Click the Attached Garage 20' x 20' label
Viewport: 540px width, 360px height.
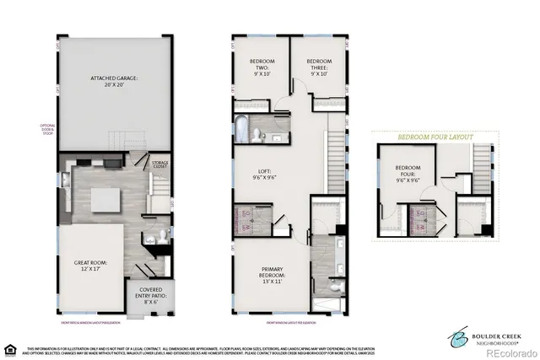tap(114, 82)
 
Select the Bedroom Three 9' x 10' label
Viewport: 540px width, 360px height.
tap(318, 67)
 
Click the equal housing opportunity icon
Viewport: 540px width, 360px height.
tap(11, 348)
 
